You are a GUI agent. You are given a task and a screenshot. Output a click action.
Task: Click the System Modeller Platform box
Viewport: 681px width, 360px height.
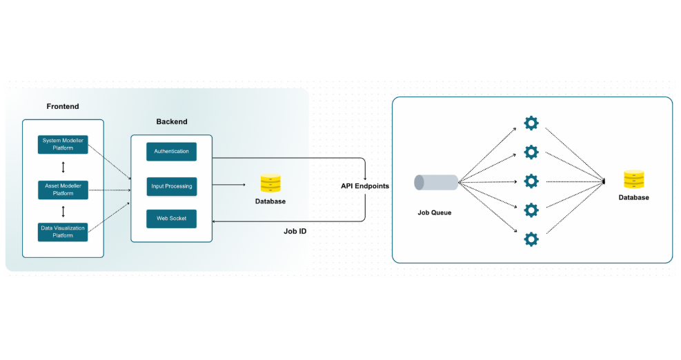tap(63, 144)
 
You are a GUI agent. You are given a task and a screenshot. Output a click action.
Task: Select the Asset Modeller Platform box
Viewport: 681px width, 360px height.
tap(63, 188)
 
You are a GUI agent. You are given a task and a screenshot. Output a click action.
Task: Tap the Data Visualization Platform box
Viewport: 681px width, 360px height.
tap(63, 231)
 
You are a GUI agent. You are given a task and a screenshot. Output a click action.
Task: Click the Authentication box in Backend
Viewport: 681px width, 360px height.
tap(171, 151)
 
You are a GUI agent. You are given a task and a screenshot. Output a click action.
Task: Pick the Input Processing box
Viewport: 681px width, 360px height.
tap(171, 186)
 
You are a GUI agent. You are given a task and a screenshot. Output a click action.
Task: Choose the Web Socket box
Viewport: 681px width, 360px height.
tap(171, 219)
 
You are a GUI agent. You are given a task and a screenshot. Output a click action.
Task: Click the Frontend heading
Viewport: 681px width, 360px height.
tap(63, 106)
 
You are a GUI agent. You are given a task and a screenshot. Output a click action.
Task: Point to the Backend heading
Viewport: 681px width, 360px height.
tap(171, 121)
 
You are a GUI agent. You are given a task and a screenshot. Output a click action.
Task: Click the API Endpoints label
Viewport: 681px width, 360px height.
tap(364, 186)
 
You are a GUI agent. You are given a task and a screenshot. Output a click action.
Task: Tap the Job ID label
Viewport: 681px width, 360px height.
tap(295, 231)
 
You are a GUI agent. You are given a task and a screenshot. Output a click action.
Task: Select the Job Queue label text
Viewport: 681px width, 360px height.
tap(434, 212)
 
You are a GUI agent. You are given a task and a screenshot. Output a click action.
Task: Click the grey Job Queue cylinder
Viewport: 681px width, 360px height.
tap(435, 182)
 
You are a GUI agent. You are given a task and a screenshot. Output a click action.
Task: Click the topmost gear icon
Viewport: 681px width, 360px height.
tap(531, 123)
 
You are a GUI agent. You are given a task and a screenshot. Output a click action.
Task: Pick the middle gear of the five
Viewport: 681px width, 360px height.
tap(531, 181)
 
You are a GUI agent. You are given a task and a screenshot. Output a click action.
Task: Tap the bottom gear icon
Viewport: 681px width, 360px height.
tap(531, 239)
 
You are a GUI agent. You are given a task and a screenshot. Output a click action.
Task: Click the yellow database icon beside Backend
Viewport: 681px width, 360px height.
tap(270, 183)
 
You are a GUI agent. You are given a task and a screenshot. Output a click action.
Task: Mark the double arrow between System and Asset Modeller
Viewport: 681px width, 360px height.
tap(63, 167)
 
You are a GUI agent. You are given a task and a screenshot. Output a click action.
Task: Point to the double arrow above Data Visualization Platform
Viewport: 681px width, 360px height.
tap(63, 210)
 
